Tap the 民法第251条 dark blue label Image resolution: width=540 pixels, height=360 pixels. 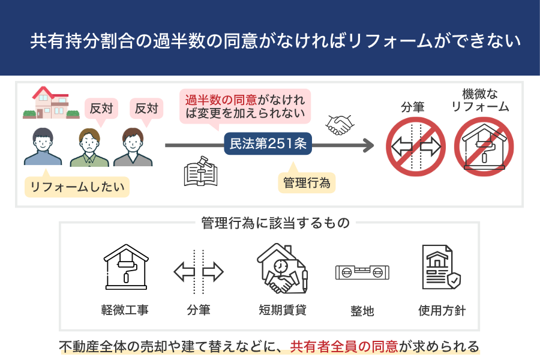click(268, 145)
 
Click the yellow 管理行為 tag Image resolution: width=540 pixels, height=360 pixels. click(306, 182)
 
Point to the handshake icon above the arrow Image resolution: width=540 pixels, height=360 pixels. click(339, 125)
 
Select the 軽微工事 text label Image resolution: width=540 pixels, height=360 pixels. click(125, 310)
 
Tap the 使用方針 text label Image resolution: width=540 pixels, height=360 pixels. click(442, 311)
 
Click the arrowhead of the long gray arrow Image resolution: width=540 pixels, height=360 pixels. click(367, 145)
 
